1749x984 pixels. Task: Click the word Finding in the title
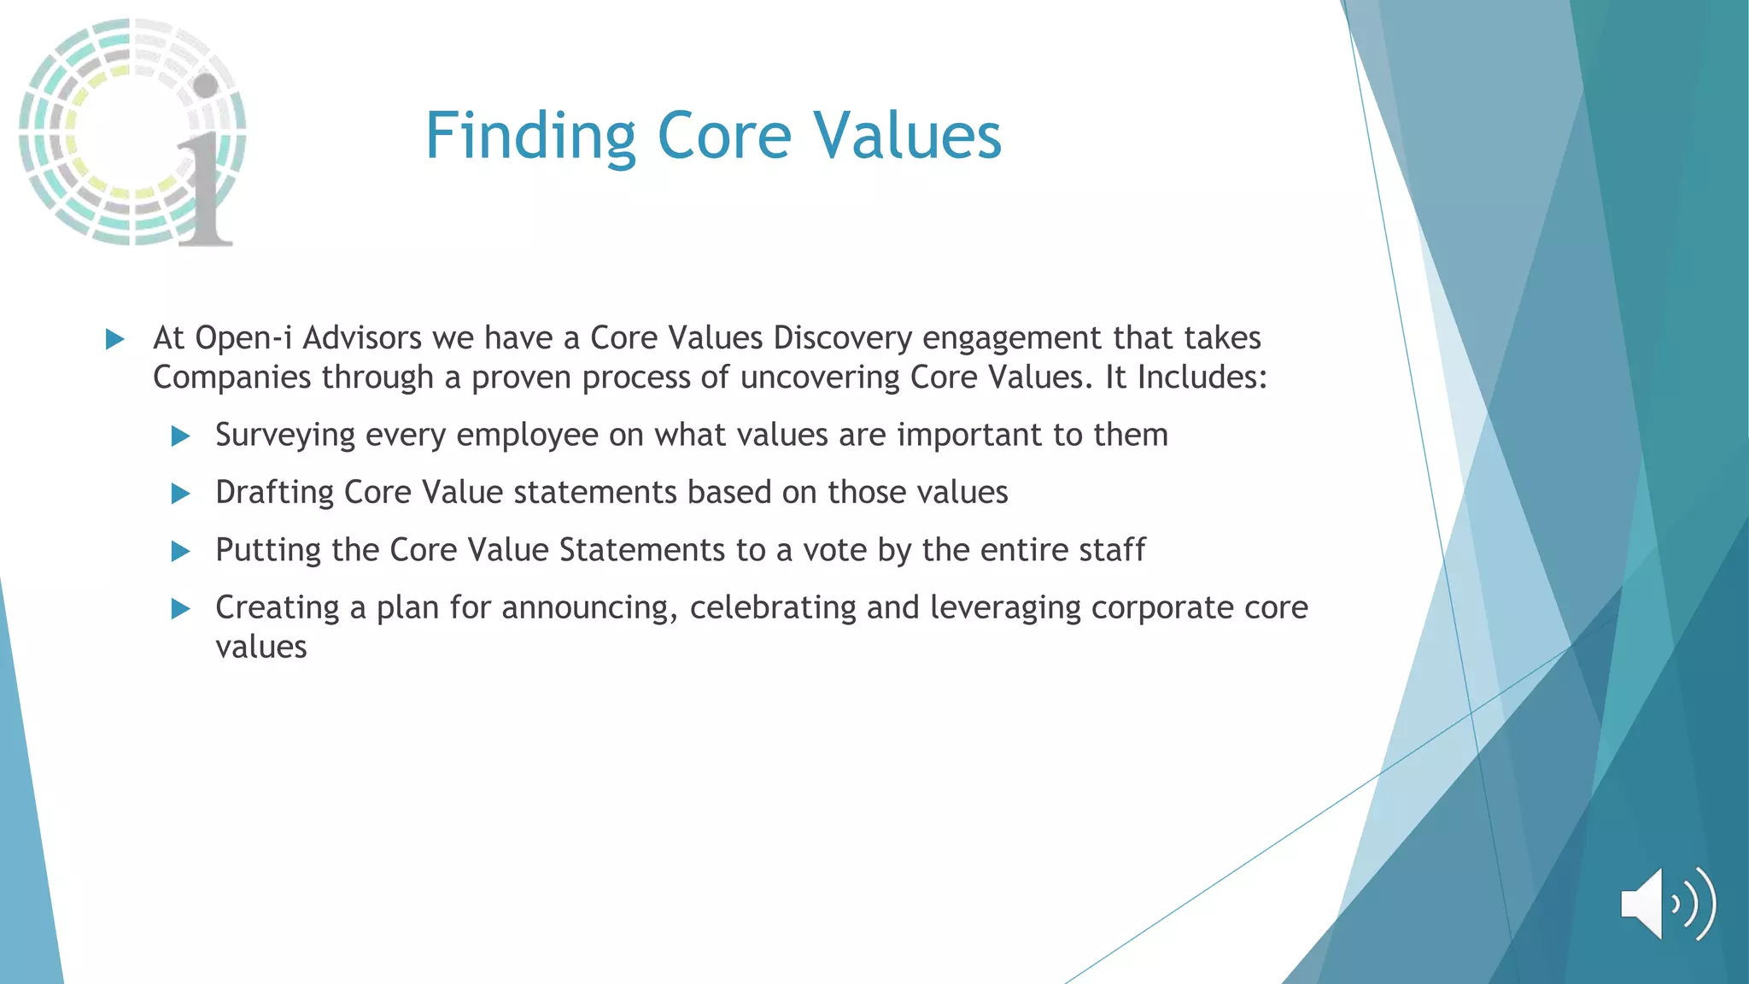click(x=529, y=137)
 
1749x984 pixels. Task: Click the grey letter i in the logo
click(x=205, y=171)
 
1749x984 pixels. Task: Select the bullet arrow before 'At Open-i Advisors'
click(x=114, y=340)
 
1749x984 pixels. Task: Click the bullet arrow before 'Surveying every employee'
click(x=180, y=436)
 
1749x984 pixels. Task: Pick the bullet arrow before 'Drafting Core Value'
click(x=180, y=494)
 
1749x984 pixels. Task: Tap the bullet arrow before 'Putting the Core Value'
click(x=180, y=551)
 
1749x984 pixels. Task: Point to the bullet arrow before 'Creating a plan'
click(x=180, y=609)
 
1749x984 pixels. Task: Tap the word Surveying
click(x=284, y=436)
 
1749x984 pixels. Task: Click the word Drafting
click(x=274, y=493)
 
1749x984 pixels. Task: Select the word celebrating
click(x=772, y=608)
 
